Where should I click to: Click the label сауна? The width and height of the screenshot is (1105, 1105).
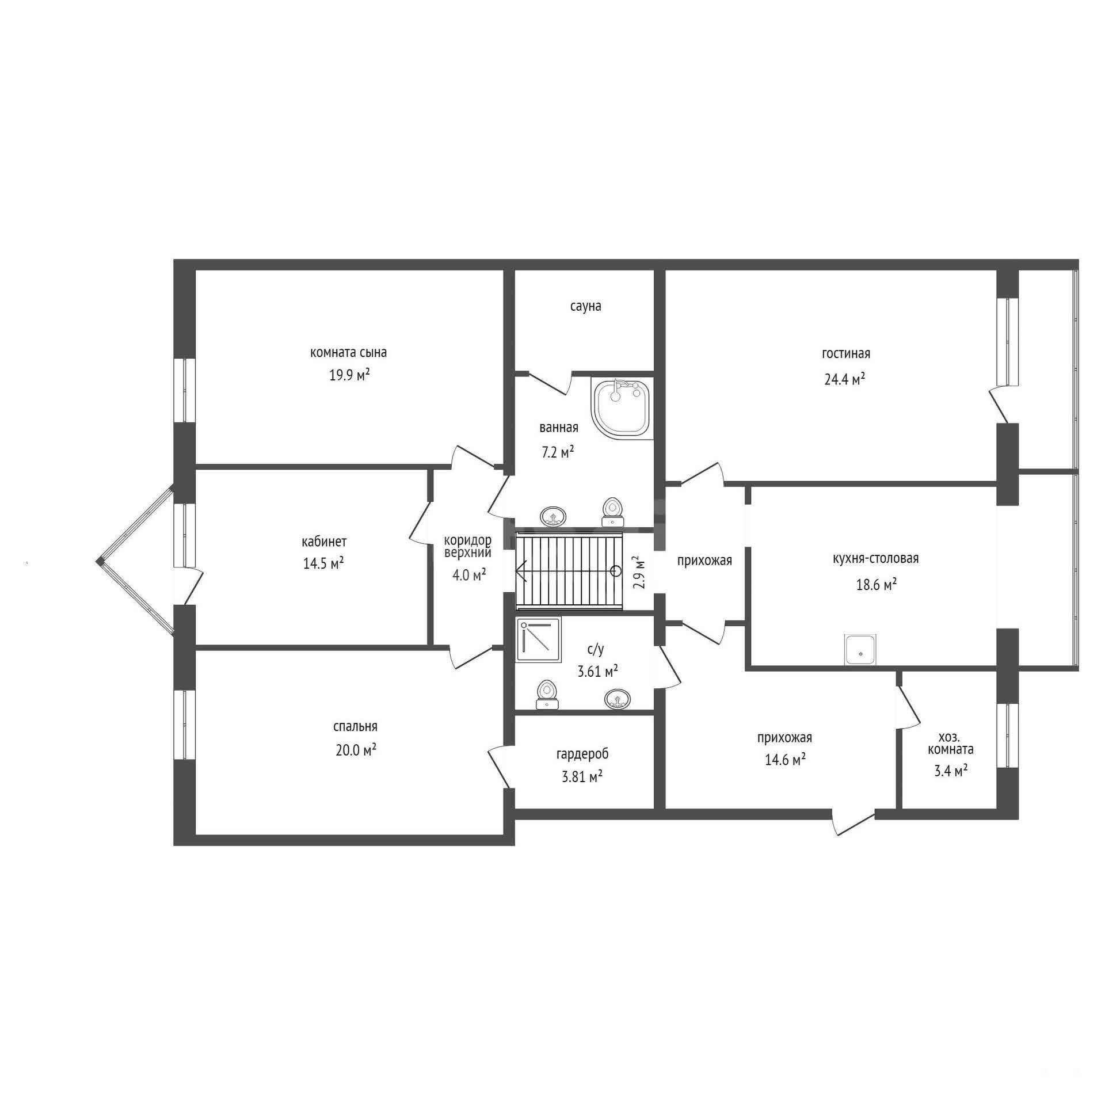tap(585, 306)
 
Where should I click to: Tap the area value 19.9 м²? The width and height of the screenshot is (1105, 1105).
tap(349, 376)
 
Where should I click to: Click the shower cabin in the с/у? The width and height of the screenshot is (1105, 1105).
tap(539, 639)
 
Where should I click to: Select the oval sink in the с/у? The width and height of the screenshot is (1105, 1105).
tap(618, 699)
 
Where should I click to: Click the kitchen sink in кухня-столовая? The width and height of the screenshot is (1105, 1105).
tap(860, 650)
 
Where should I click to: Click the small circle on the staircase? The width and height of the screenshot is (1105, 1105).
tap(616, 571)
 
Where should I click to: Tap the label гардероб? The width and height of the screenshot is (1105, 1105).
tap(582, 754)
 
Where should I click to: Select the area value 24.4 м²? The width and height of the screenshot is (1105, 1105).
tap(845, 379)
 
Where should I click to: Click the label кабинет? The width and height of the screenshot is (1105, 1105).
tap(324, 542)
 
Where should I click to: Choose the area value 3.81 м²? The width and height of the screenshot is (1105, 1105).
tap(582, 777)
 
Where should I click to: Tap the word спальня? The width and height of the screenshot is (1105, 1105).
tap(355, 727)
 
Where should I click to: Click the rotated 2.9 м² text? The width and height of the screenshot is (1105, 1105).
tap(638, 571)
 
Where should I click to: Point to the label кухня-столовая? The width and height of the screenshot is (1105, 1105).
tap(875, 558)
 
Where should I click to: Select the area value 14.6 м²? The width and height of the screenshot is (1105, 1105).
tap(784, 760)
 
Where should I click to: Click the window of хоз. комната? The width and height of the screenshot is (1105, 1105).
tap(1008, 736)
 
